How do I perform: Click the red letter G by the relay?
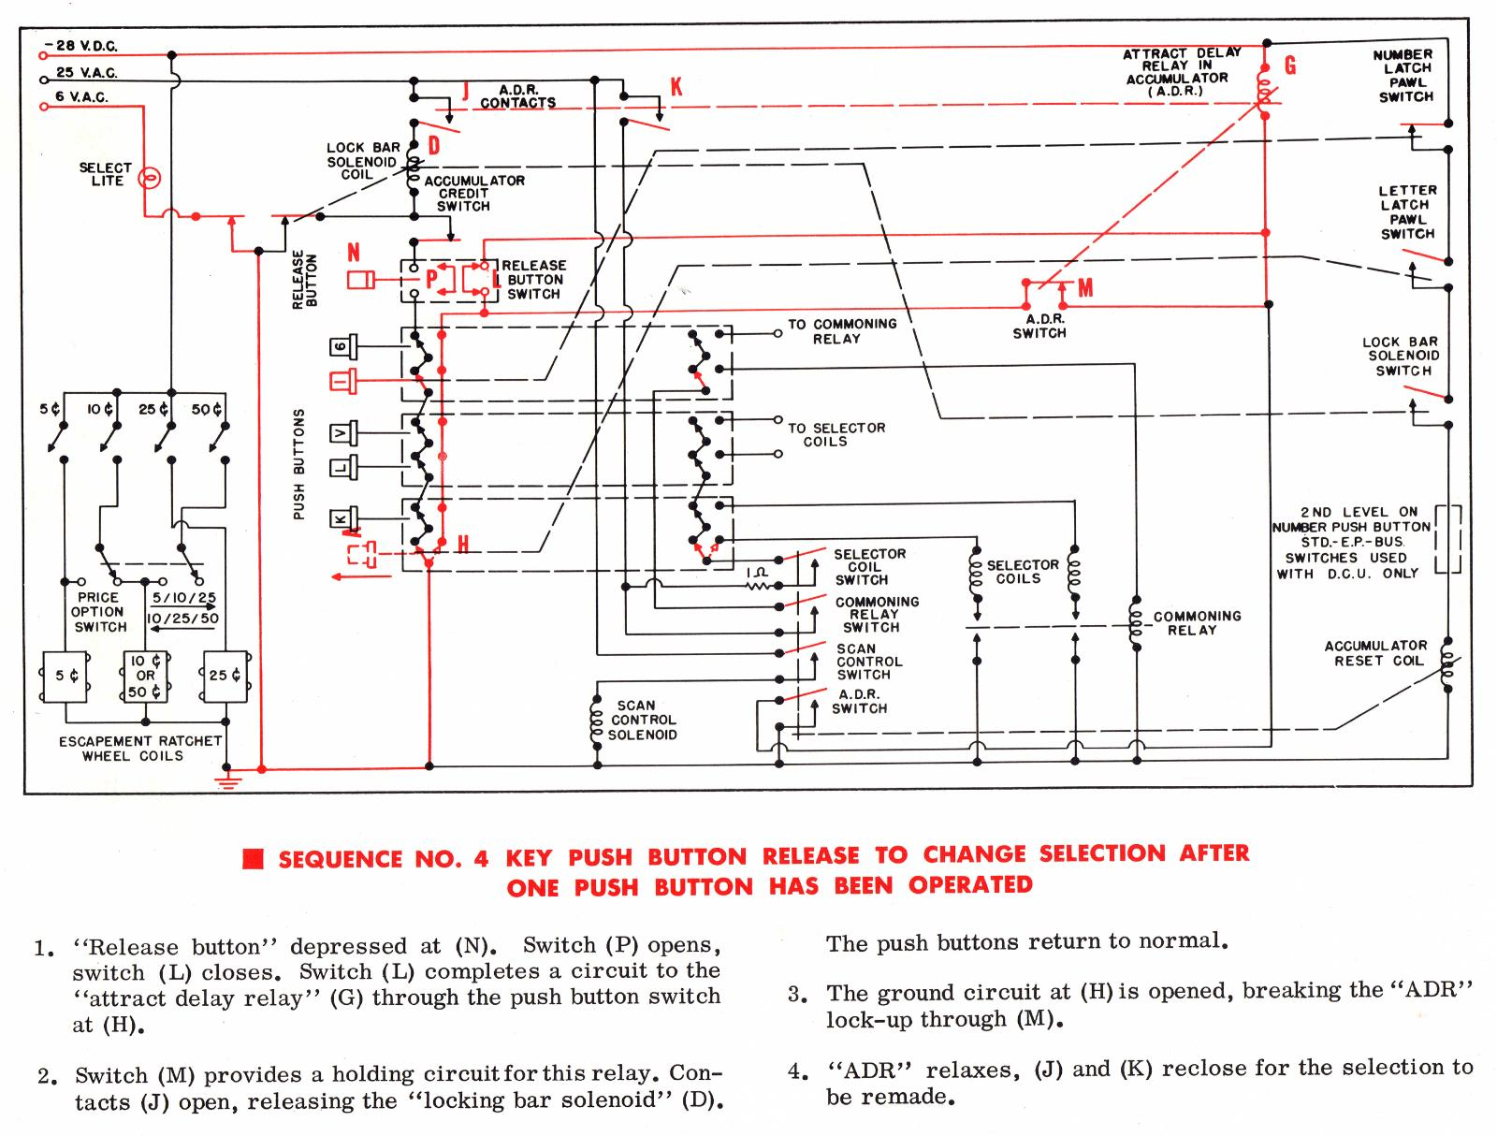click(x=1290, y=66)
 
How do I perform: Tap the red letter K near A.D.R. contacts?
click(x=676, y=87)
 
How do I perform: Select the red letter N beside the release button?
click(x=354, y=252)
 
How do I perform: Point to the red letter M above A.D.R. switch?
click(x=1085, y=288)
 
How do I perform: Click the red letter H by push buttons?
click(x=462, y=543)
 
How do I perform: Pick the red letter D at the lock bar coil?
click(x=433, y=145)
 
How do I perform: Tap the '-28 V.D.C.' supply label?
click(x=86, y=46)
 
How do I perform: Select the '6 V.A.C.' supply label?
click(x=81, y=97)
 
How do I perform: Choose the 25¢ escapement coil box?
click(x=225, y=676)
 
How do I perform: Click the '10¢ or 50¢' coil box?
click(x=145, y=676)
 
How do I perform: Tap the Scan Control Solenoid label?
click(x=644, y=720)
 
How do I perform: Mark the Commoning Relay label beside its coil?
click(x=1196, y=622)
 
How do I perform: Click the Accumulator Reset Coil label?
click(x=1375, y=653)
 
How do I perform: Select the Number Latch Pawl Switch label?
click(x=1403, y=76)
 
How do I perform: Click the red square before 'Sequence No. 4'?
click(x=253, y=859)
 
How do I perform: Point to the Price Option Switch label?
click(x=97, y=612)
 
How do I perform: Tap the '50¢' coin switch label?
click(x=207, y=409)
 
